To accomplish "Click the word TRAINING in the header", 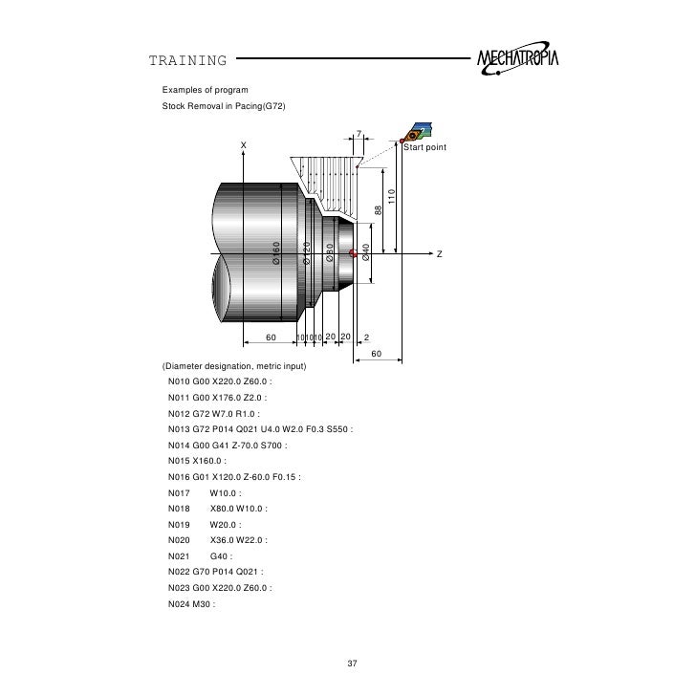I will click(187, 62).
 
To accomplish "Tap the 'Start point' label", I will click(424, 148).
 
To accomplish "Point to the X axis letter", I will click(243, 145).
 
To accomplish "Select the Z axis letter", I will click(440, 254).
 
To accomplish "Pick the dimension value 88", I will click(378, 209).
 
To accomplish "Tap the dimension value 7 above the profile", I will click(359, 133).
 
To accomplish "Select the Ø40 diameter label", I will click(366, 252).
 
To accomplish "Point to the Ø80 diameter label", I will click(329, 253).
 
